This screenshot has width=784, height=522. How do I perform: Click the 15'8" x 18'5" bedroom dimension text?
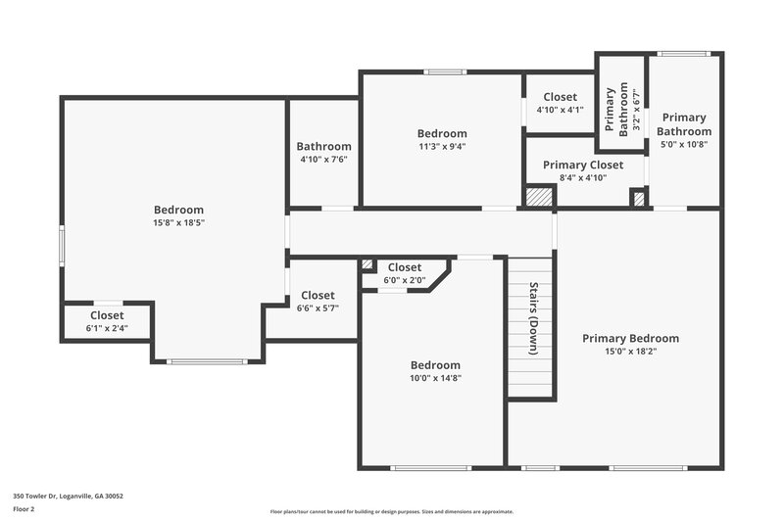[x=178, y=222]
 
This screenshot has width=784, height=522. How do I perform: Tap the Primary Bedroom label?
[x=630, y=339]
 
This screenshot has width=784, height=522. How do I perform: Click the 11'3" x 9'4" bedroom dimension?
[x=441, y=146]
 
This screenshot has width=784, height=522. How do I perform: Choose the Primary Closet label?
[x=583, y=166]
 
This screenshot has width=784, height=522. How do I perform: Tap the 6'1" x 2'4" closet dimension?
[x=107, y=328]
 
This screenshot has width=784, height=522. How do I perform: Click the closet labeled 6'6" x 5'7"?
[x=318, y=301]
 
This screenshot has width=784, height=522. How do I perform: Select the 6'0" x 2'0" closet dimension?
[x=404, y=280]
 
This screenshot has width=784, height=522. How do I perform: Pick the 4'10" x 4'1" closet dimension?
[x=560, y=110]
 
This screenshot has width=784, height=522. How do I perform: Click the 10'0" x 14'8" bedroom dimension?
[x=435, y=377]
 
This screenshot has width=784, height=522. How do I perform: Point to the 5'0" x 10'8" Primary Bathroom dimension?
[x=683, y=144]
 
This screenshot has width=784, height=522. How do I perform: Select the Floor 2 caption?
[x=24, y=509]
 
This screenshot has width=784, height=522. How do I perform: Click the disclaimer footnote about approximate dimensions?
[x=392, y=511]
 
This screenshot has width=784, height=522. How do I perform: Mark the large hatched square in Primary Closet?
[x=539, y=197]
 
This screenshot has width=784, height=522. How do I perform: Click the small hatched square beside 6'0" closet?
[x=367, y=264]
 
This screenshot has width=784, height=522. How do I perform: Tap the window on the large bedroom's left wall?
[x=62, y=245]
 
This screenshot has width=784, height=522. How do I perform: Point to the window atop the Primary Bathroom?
[x=683, y=54]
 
